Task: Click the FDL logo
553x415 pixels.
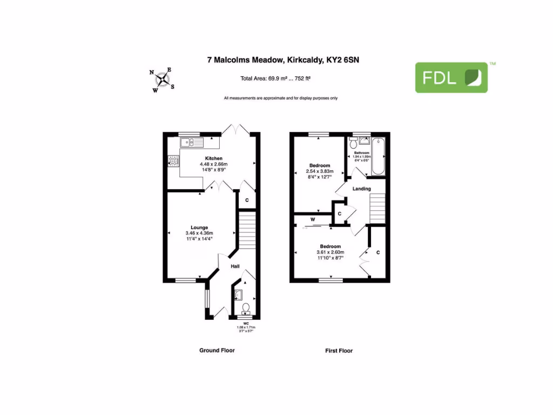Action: (x=451, y=77)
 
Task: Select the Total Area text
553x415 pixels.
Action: (x=275, y=78)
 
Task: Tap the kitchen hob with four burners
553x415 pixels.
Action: (x=174, y=160)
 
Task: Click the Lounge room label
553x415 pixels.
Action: (x=199, y=227)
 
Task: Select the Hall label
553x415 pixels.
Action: (x=235, y=266)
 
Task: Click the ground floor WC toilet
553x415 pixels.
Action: (x=246, y=309)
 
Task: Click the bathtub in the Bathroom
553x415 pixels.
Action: (x=377, y=156)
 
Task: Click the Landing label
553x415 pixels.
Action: (x=361, y=189)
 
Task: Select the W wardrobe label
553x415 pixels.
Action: (x=313, y=219)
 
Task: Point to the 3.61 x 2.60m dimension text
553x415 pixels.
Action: (x=329, y=252)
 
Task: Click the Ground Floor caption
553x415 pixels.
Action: (x=217, y=350)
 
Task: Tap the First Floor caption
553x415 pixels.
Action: (x=339, y=351)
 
